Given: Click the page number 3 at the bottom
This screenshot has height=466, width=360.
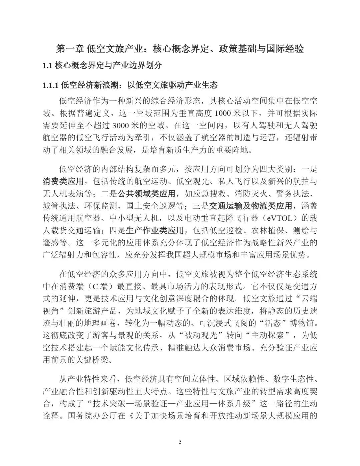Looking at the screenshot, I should point(180,442).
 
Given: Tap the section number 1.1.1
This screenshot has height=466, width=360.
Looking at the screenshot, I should point(51,85).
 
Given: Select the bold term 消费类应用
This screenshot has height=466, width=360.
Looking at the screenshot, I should point(63,181).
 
